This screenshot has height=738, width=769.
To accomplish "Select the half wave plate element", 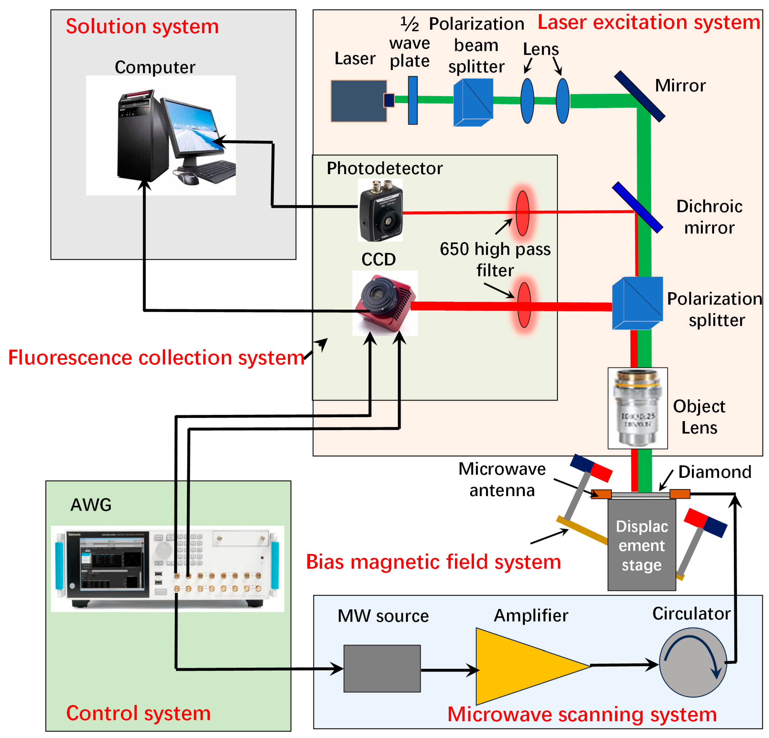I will pyautogui.click(x=413, y=100).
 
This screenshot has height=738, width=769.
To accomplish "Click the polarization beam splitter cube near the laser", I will pyautogui.click(x=473, y=102).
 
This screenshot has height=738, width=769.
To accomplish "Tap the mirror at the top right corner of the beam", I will pyautogui.click(x=640, y=96).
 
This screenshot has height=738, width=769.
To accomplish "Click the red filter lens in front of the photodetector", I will pyautogui.click(x=522, y=213).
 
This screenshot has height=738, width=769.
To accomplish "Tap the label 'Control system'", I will pyautogui.click(x=138, y=713).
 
